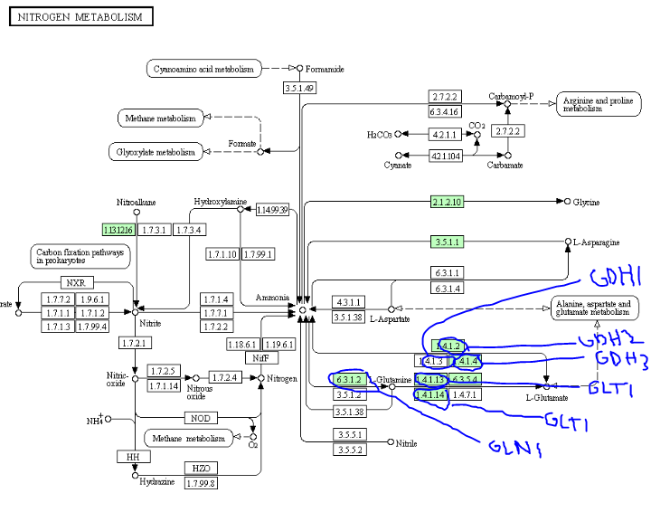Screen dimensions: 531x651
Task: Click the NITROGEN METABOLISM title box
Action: (x=80, y=17)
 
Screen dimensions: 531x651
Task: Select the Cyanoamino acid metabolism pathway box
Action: (x=203, y=69)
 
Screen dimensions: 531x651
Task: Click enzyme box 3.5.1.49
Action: (x=298, y=88)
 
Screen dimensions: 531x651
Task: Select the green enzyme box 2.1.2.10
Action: (x=446, y=202)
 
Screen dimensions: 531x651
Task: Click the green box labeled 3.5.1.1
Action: (x=446, y=242)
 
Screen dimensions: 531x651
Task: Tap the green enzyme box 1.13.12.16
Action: (x=118, y=230)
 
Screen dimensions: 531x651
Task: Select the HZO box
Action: (x=200, y=468)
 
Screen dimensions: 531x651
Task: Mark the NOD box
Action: (x=200, y=418)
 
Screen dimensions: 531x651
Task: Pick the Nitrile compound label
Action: (x=407, y=442)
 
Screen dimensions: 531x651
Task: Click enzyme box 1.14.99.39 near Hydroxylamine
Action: (x=272, y=210)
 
